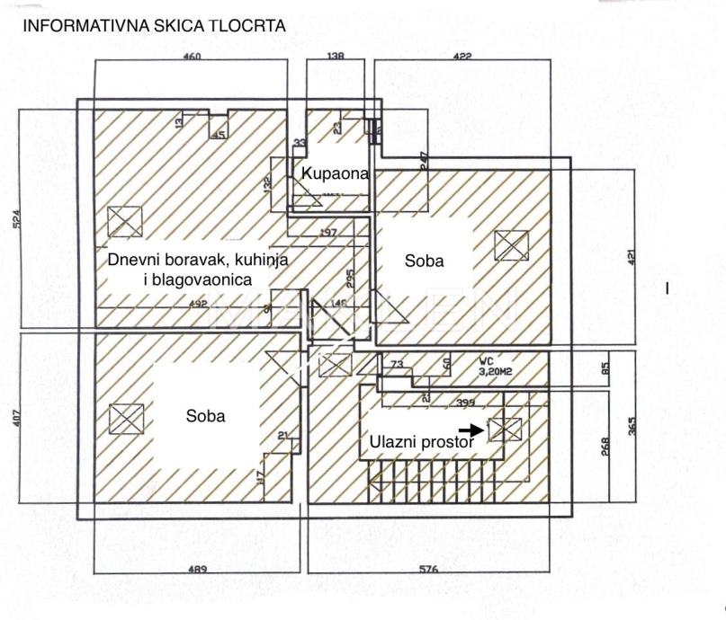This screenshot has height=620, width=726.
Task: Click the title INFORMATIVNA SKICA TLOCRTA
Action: pos(153,25)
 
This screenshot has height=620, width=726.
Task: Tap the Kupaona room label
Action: pos(336,173)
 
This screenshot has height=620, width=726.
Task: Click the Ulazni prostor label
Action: pos(420,442)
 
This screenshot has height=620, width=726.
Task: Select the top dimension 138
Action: pos(335,57)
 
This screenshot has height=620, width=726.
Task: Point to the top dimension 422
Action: pos(462,57)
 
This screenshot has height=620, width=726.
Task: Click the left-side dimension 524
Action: pos(19,221)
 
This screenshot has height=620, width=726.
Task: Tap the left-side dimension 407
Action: pos(19,420)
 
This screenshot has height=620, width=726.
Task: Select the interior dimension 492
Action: pos(198,303)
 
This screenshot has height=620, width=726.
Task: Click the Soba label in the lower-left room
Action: pos(205,416)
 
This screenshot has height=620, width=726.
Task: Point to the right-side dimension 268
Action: pos(605,447)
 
